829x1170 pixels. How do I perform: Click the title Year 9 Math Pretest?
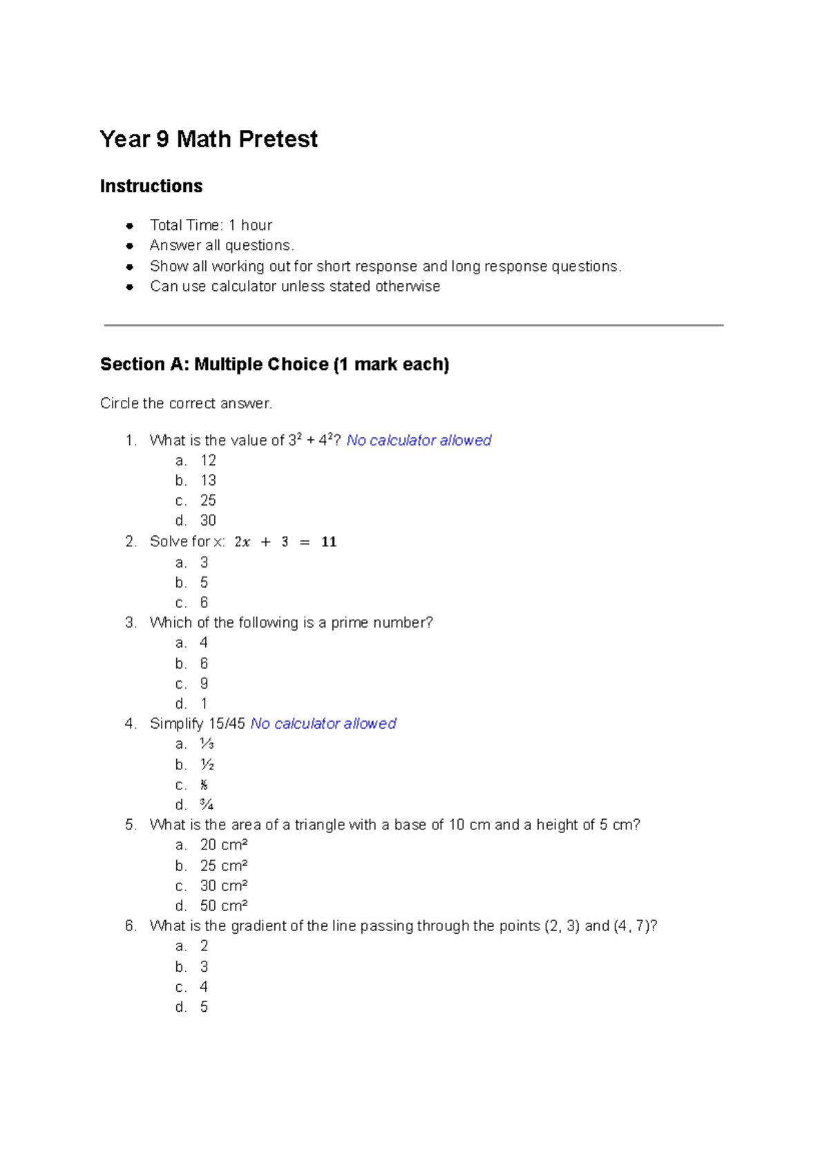[209, 140]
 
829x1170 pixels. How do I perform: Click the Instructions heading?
[151, 186]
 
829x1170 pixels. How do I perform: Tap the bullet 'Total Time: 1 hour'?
[211, 225]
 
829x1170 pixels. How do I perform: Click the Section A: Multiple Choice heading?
[274, 365]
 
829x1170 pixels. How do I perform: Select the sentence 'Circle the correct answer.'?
[186, 403]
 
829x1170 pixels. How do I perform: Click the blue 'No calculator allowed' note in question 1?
[419, 441]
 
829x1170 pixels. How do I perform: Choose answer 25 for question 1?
[208, 501]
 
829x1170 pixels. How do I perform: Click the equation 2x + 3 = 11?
[285, 542]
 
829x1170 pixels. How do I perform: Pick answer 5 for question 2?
[204, 583]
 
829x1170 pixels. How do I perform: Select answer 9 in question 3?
[204, 684]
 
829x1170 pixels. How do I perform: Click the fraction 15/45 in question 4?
[227, 724]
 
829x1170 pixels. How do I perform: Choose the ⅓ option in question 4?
[207, 744]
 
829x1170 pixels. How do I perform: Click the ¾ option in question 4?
[207, 805]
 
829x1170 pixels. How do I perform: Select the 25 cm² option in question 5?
[224, 865]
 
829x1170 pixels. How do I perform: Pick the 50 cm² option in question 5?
[224, 905]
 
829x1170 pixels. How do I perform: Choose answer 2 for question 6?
[204, 946]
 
